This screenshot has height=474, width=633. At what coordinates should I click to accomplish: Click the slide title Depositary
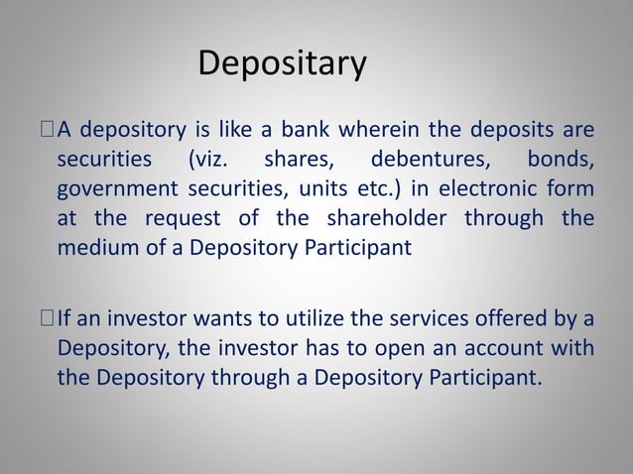point(283,64)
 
